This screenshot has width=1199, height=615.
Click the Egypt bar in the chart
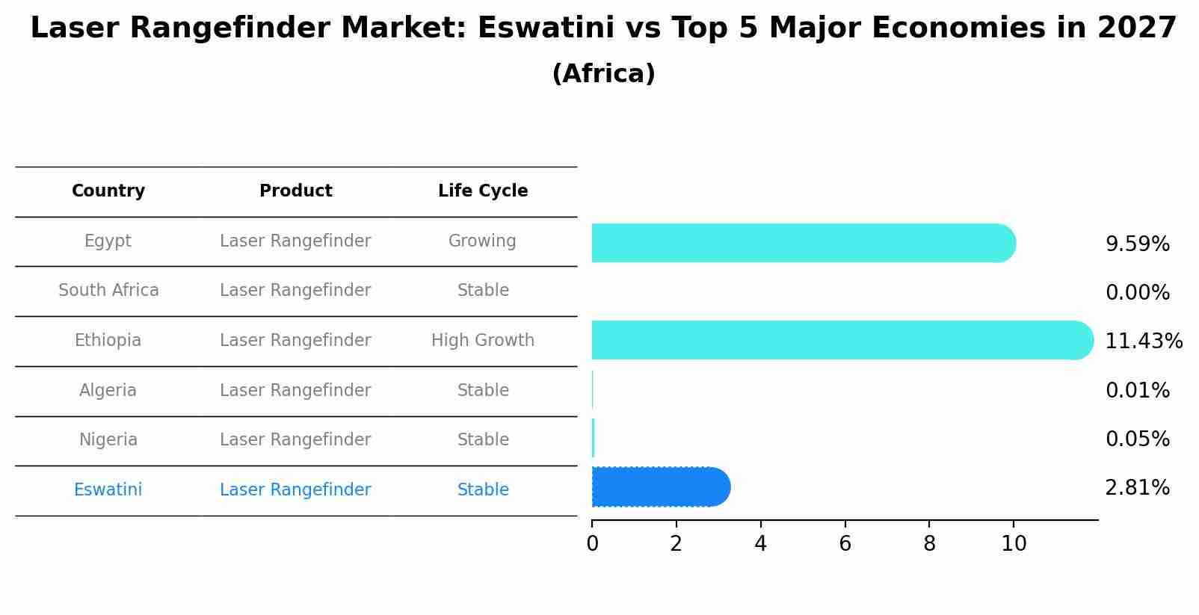804,243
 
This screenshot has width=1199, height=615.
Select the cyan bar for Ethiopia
842,340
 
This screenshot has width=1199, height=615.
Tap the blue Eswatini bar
661,487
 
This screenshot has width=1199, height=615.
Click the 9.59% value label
1137,244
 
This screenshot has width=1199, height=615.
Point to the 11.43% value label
1143,342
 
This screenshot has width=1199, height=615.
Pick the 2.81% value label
1137,488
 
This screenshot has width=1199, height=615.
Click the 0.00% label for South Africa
1137,293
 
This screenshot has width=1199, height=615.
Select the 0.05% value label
1137,439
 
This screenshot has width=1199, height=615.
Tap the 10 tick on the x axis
1014,544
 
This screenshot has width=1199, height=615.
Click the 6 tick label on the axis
845,544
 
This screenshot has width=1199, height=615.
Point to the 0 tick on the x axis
592,544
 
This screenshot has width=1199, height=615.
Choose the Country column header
108,191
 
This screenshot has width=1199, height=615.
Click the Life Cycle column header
483,191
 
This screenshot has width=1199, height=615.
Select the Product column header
295,191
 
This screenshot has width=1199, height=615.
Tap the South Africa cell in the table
108,291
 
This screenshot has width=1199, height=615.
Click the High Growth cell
483,341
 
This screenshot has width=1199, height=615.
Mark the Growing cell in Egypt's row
482,241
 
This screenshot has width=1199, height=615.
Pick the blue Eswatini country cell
108,490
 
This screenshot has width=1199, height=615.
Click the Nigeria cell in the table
108,440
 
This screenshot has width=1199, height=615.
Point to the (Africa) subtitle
603,74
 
